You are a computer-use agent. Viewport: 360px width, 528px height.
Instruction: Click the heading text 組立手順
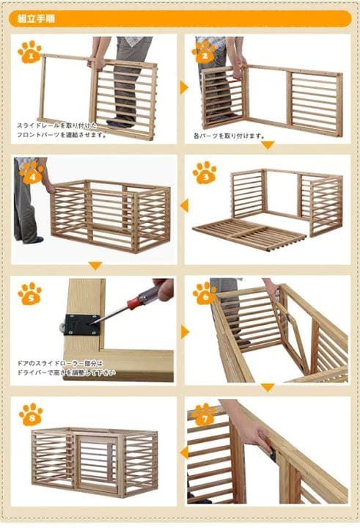(x=36, y=18)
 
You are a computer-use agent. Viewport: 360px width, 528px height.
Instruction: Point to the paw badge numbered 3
(x=205, y=172)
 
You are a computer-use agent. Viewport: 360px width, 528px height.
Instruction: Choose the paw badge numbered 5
(x=30, y=293)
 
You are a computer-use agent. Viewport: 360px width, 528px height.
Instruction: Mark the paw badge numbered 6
(x=205, y=293)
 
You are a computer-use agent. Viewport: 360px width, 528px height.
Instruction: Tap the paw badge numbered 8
(x=30, y=414)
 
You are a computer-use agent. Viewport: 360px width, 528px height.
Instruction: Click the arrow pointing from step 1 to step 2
(x=184, y=88)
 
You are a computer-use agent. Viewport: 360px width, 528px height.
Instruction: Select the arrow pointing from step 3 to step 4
(x=184, y=206)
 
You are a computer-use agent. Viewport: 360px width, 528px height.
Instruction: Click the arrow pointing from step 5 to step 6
(x=184, y=332)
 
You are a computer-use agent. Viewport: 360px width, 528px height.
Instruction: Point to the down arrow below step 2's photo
(x=268, y=145)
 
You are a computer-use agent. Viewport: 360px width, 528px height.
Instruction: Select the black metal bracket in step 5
(x=80, y=322)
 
